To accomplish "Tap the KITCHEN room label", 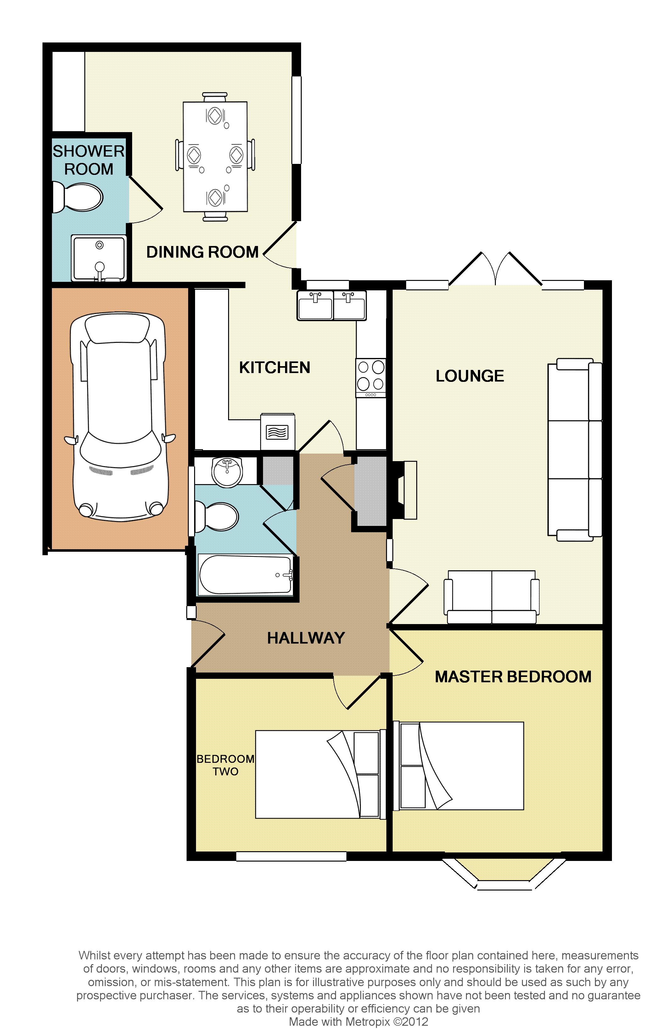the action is coord(275,368).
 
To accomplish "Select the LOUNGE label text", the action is coord(470,376).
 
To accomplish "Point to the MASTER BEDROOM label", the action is coord(513,677).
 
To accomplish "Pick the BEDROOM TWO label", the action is coord(225,765).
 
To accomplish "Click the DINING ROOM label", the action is coord(202,252).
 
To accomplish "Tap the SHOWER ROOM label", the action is coord(89,160).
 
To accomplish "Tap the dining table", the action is coord(215,157).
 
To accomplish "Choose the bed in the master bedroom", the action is coord(459,766).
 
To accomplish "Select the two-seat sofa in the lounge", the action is coord(491,597).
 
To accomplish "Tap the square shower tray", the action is coord(99,259).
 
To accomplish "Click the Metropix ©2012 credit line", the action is coord(359,1022).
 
